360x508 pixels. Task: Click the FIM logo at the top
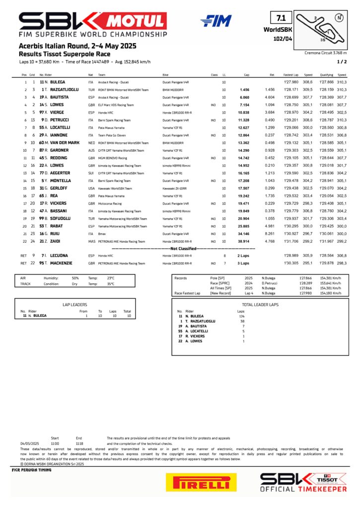[x=216, y=21]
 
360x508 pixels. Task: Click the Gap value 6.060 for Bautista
[x=244, y=97]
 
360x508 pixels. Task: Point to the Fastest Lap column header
[x=291, y=74]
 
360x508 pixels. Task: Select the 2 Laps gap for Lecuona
[x=243, y=255]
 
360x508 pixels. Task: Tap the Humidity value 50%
[x=75, y=278]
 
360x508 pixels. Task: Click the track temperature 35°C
[x=111, y=284]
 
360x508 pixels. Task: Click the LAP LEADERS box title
[x=75, y=304]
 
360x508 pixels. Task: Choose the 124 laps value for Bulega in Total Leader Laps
[x=241, y=316]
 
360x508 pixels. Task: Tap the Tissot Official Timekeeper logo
[x=303, y=482]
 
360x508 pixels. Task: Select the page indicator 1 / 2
[x=342, y=62]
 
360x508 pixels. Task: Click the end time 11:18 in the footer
[x=79, y=444]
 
